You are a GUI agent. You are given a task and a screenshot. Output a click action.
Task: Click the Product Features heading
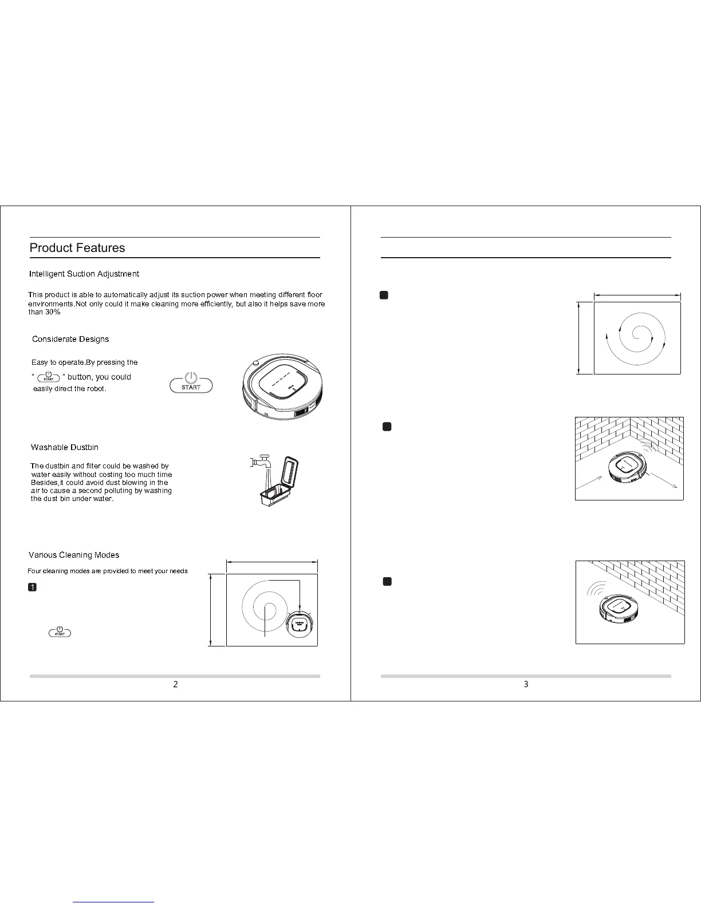[77, 248]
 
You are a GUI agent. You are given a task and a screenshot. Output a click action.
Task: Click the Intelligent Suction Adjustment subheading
[84, 274]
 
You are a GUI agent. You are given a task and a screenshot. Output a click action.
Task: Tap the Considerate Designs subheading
[70, 339]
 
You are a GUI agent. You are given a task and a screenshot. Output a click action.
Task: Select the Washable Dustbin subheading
[65, 447]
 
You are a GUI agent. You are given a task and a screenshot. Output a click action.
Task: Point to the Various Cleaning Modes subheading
[74, 555]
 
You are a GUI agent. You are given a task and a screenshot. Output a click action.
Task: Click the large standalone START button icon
[191, 382]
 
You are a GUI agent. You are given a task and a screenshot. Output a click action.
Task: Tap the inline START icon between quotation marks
[49, 377]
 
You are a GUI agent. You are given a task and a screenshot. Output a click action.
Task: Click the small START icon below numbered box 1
[60, 632]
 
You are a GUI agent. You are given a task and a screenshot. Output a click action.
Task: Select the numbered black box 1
[33, 587]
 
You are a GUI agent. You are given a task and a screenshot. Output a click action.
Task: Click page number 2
[175, 684]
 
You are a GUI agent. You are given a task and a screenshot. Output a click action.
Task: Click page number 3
[526, 684]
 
